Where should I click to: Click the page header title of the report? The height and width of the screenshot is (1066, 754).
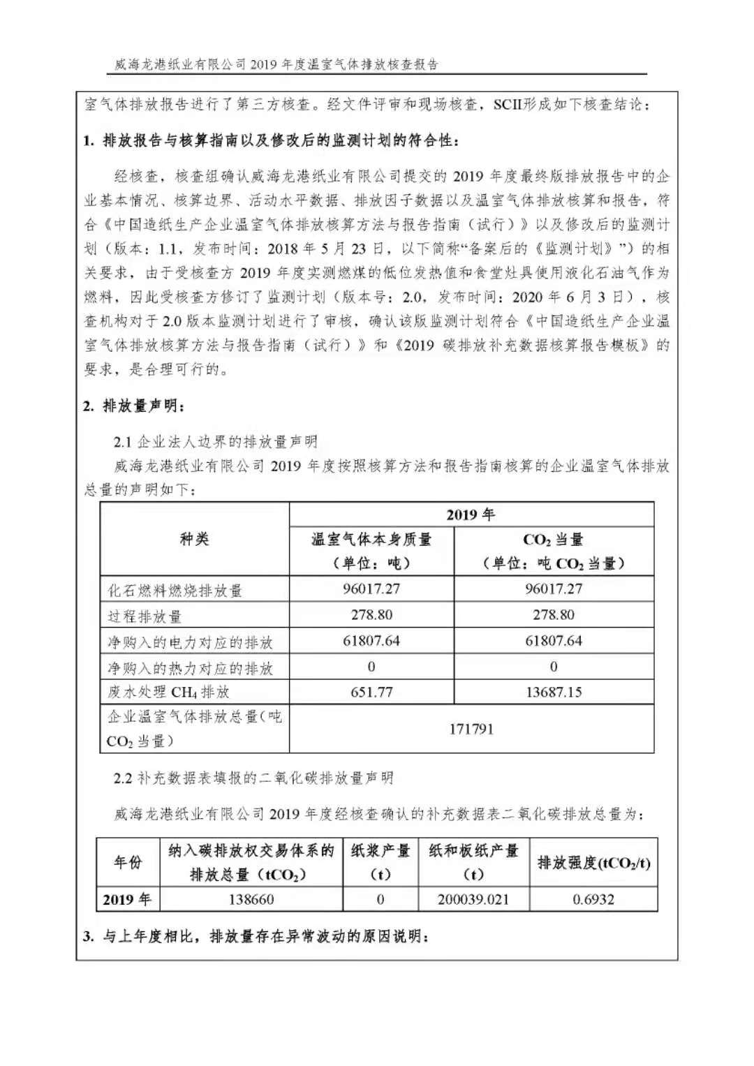276,65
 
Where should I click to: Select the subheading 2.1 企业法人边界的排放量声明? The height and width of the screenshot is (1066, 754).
216,441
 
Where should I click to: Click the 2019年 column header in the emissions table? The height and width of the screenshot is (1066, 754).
471,515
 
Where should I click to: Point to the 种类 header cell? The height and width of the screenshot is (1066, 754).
194,539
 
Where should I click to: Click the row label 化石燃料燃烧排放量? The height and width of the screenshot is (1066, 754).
175,591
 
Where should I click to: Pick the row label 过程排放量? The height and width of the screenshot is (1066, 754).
145,616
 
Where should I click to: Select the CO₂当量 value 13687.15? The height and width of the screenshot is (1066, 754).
554,693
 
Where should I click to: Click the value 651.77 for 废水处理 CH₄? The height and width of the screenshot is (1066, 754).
371,693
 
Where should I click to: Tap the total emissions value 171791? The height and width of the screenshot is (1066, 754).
471,729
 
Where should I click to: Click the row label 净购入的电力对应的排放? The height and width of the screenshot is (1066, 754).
190,642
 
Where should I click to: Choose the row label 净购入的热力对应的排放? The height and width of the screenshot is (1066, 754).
190,668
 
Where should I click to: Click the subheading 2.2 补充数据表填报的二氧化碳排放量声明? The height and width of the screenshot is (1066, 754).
253,778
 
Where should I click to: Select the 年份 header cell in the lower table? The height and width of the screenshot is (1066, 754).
128,862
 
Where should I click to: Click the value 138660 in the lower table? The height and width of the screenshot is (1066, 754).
251,899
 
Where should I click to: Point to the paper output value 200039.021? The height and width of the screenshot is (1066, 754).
473,899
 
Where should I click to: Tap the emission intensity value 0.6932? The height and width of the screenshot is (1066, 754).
593,899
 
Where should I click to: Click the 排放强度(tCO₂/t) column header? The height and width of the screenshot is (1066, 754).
593,863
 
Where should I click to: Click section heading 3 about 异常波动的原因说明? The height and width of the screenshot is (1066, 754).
256,936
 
